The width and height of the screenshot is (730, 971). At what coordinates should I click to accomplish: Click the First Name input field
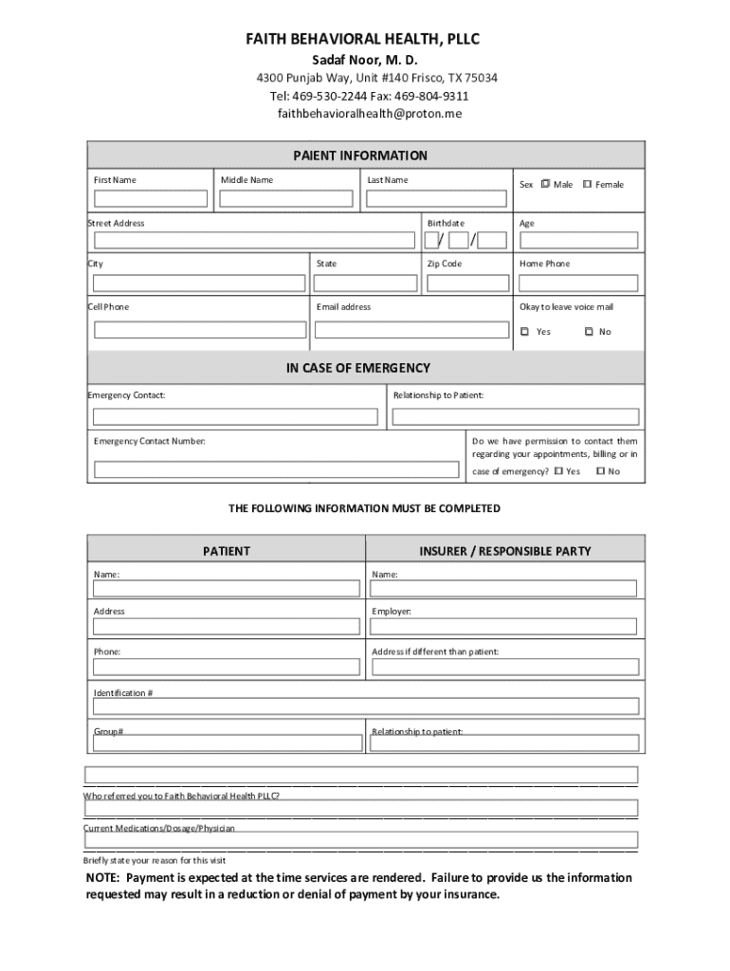[x=150, y=199]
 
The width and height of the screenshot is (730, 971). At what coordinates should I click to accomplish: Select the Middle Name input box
[x=287, y=199]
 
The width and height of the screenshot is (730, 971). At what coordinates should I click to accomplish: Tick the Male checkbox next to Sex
[x=546, y=184]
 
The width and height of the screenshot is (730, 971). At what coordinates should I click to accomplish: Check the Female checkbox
[x=588, y=184]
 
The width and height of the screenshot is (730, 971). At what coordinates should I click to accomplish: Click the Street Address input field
[x=253, y=241]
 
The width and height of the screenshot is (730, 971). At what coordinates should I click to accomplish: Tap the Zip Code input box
[x=465, y=283]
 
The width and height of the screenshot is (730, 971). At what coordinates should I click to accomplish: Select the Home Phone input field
[x=577, y=283]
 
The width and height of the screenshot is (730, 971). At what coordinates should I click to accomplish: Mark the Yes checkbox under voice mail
[x=525, y=332]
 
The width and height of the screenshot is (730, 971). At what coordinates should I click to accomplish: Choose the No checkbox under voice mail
[x=589, y=332]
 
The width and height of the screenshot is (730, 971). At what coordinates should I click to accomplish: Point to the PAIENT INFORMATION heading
[x=359, y=156]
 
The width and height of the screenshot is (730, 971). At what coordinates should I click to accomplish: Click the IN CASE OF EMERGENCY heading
[x=359, y=368]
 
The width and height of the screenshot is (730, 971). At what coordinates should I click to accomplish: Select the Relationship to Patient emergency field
[x=516, y=417]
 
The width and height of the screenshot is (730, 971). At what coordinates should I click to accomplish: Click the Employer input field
[x=504, y=626]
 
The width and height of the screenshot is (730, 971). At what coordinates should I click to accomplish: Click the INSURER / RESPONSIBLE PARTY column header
[x=504, y=551]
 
